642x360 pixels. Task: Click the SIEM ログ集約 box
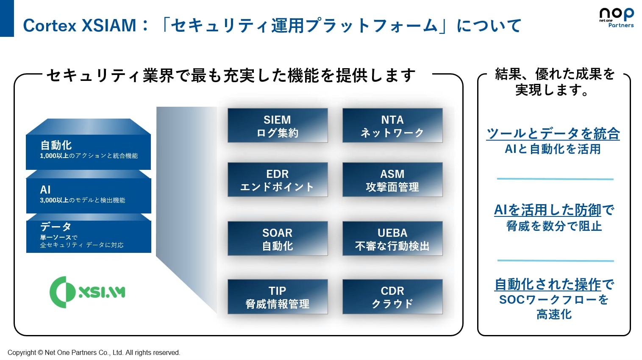(x=278, y=125)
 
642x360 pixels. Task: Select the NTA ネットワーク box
(x=392, y=125)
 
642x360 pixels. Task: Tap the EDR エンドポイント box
(x=278, y=180)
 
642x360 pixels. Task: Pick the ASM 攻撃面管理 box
(x=392, y=180)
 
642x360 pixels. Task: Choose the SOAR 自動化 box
(x=278, y=238)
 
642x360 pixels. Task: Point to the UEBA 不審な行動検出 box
(x=392, y=238)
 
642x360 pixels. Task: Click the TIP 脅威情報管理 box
(x=278, y=297)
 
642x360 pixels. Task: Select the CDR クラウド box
(x=392, y=297)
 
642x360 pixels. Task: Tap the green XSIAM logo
(x=87, y=292)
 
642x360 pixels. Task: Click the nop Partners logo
(x=617, y=18)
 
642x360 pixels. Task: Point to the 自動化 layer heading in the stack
(x=56, y=145)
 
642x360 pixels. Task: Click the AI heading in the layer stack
(x=45, y=190)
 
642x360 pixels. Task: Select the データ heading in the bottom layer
(x=56, y=227)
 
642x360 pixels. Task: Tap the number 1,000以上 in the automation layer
(x=54, y=156)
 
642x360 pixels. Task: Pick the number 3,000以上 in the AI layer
(x=54, y=200)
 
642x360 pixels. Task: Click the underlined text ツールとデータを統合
(x=553, y=134)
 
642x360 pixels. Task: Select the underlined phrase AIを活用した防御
(x=548, y=210)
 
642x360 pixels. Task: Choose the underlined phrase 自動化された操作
(x=548, y=284)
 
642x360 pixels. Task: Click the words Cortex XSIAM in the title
(x=79, y=25)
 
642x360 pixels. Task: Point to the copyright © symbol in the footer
(x=40, y=352)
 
